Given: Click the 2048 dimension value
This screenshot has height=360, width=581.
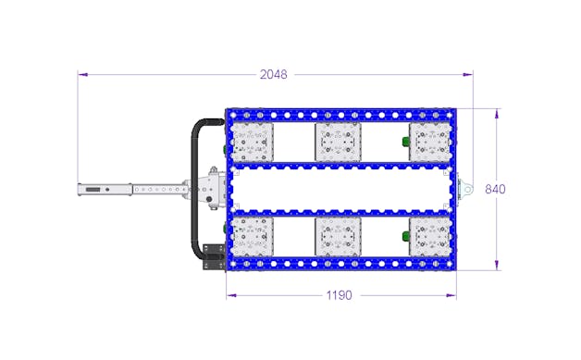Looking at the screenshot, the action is (274, 75).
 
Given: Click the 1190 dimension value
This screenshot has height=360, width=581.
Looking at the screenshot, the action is (339, 295).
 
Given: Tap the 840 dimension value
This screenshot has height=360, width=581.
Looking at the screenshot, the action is (495, 190).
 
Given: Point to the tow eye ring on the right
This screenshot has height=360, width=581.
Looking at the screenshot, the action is (468, 190).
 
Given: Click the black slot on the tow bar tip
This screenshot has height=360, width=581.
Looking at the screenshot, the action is (93, 190).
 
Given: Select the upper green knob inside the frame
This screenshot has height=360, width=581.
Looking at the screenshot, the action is (406, 142).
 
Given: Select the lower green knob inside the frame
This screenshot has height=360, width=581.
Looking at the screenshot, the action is (406, 236).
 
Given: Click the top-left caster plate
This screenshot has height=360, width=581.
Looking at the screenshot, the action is (252, 142).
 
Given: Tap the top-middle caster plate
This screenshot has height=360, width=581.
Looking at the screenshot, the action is (338, 142).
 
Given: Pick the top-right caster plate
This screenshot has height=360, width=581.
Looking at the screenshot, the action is (430, 142).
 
